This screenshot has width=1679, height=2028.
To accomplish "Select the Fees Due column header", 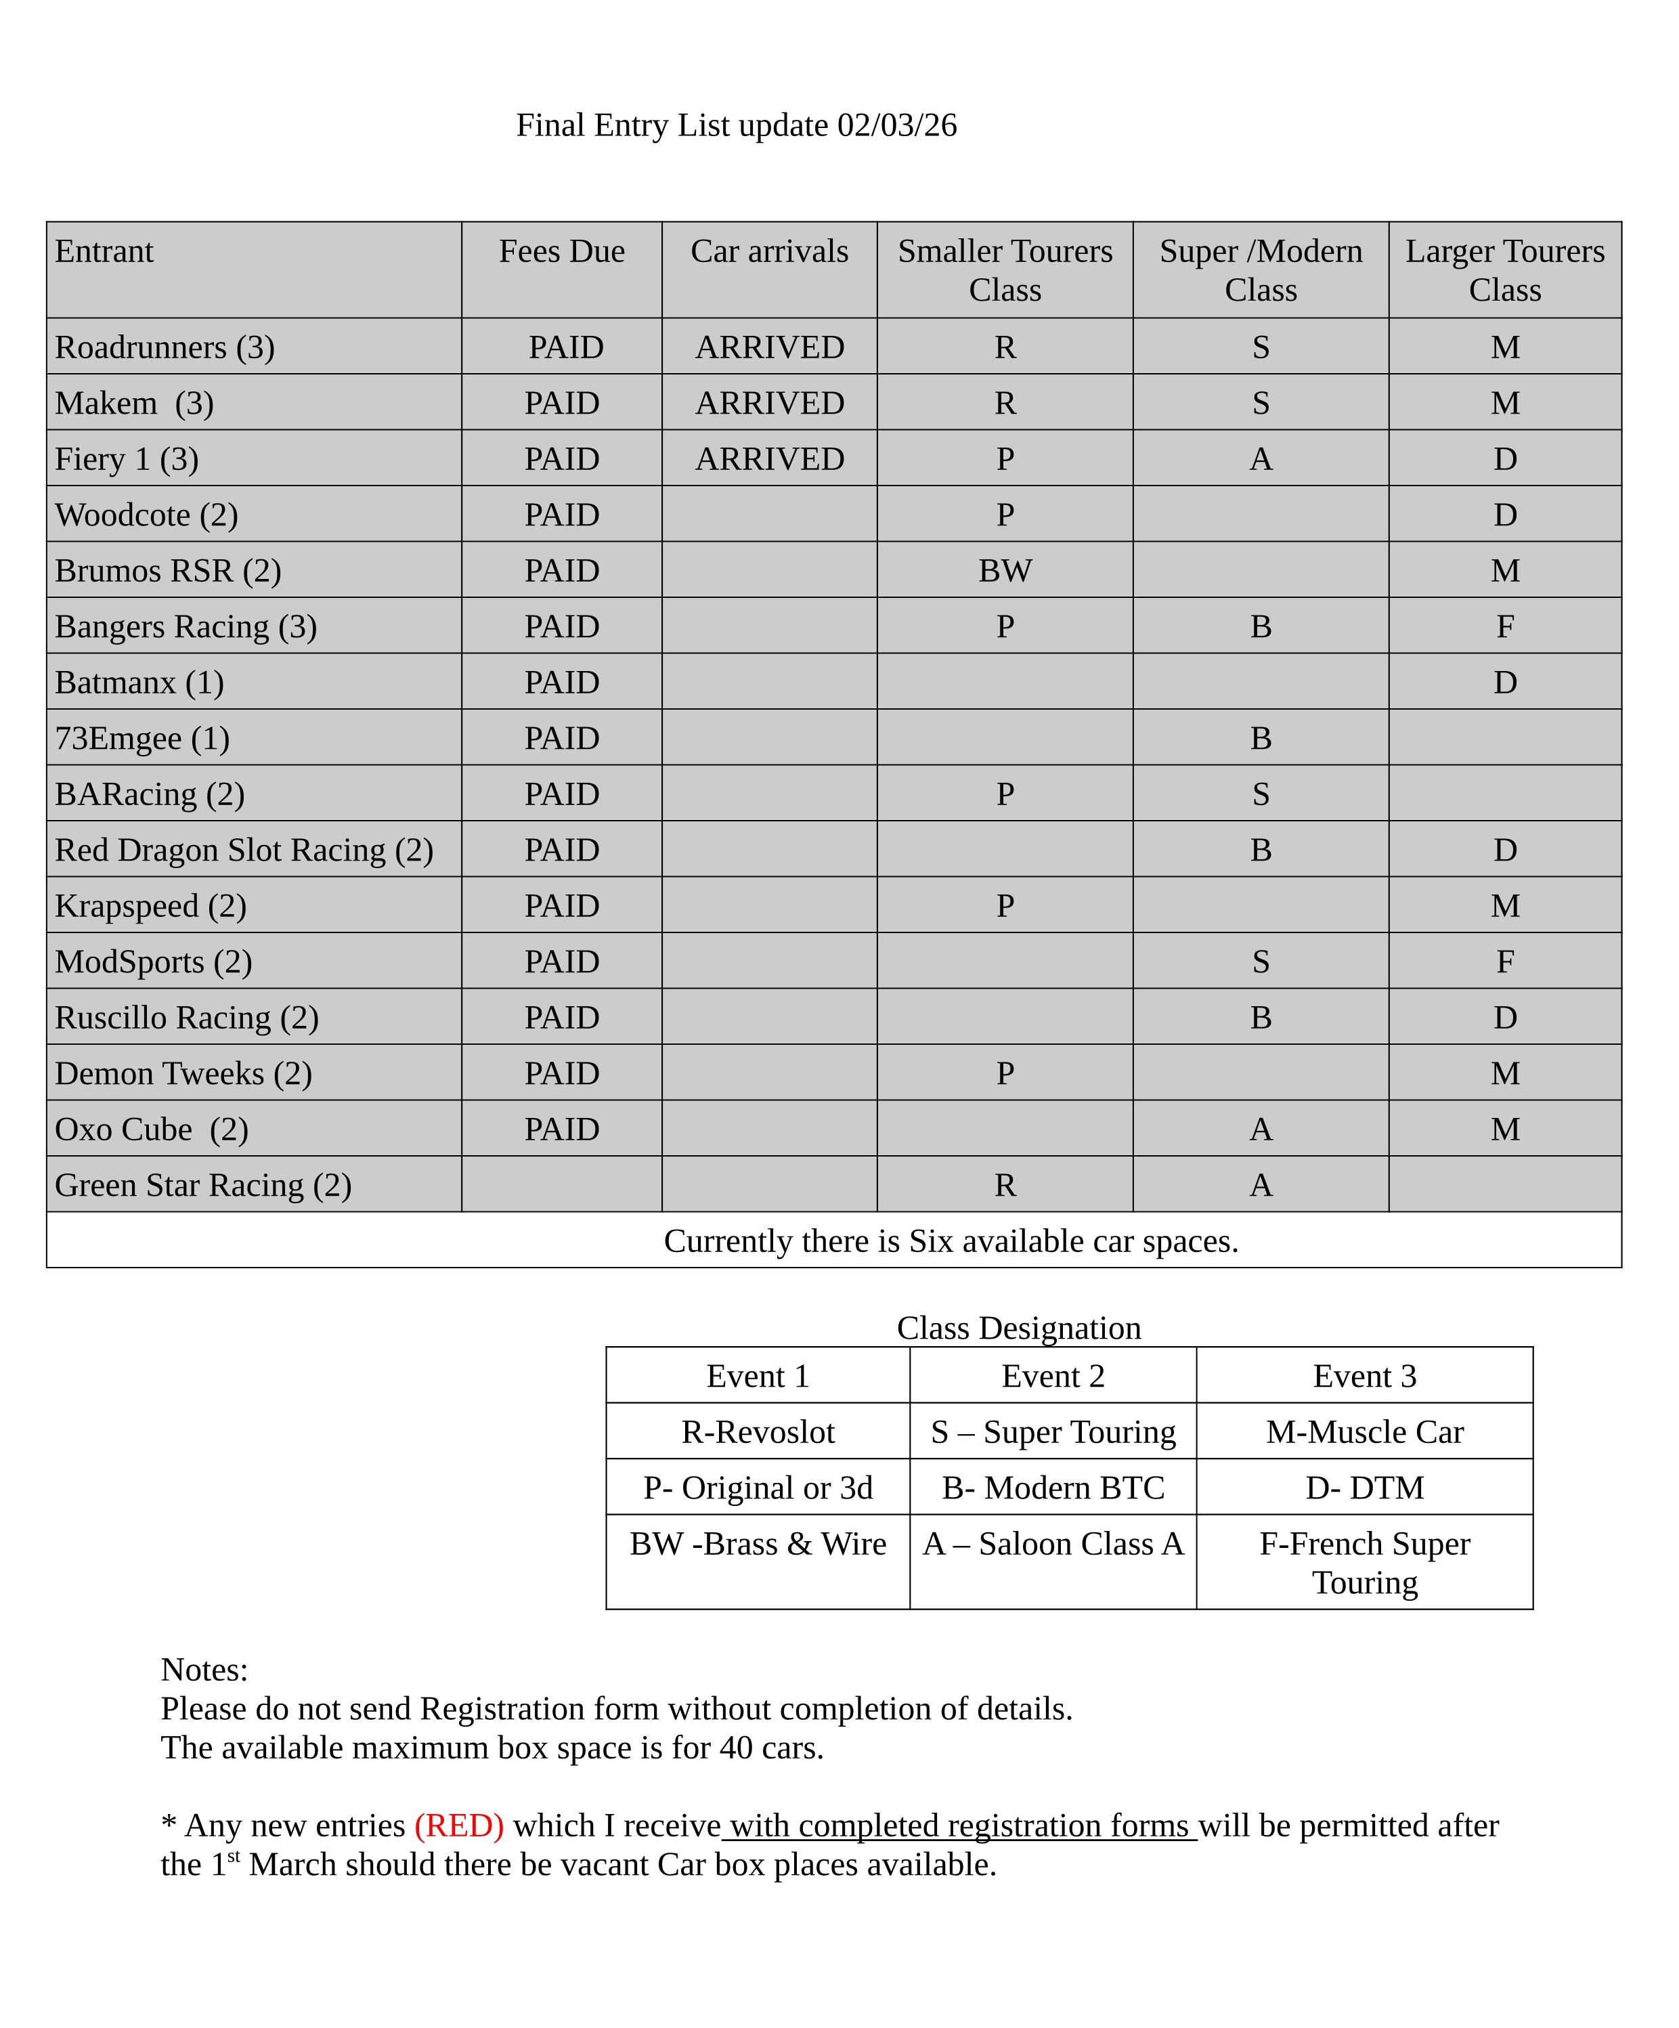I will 561,251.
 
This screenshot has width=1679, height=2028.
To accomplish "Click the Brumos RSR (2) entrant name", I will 168,571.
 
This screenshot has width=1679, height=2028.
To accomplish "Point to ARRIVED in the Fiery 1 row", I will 770,458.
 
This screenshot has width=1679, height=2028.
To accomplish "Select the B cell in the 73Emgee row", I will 1260,739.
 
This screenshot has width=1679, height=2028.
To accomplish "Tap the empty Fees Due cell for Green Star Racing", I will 561,1185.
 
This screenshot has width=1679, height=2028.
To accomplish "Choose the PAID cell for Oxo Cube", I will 561,1129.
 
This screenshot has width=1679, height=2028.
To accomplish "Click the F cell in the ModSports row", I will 1504,962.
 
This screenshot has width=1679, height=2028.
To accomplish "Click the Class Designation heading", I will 1019,1328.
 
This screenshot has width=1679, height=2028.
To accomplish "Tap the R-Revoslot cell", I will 758,1432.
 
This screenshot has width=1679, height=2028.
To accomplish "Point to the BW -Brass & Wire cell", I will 758,1544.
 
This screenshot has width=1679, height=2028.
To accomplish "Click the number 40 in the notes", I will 736,1748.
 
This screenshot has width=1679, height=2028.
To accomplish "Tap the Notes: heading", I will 204,1670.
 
